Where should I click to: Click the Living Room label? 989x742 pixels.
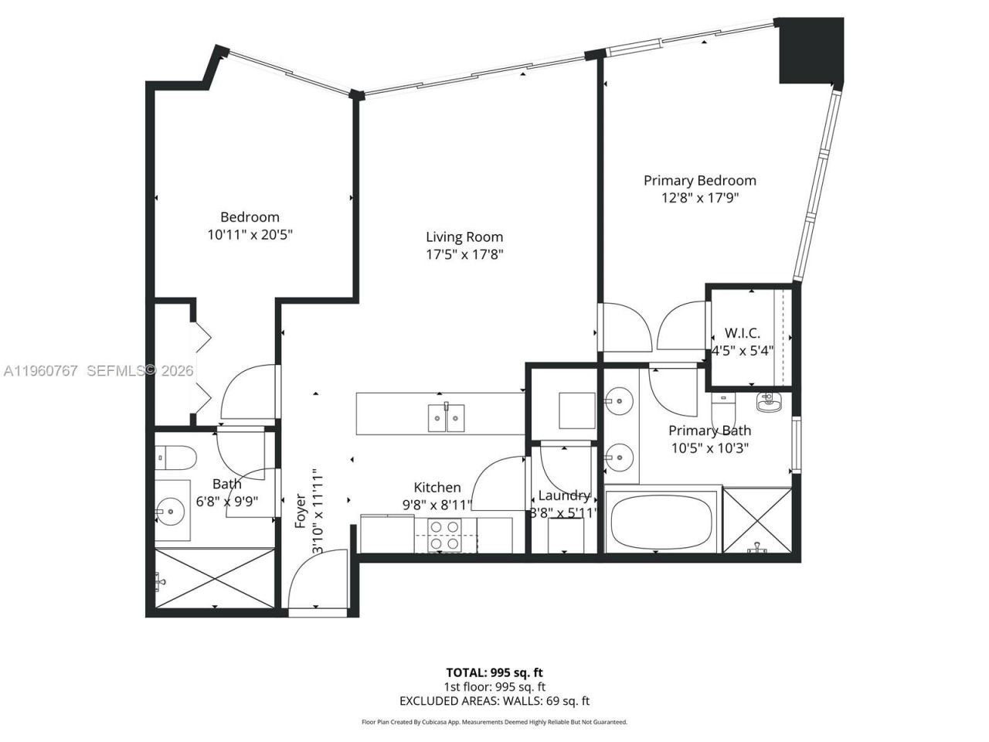[x=464, y=237]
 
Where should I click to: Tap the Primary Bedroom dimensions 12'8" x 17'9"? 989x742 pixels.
[x=700, y=198]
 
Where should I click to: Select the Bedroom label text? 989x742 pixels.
[x=250, y=217]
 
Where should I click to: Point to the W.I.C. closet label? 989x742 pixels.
[x=742, y=333]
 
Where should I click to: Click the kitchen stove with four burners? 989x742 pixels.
[x=445, y=535]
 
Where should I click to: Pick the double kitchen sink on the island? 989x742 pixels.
[x=446, y=417]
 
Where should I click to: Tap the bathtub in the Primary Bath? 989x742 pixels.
[x=661, y=522]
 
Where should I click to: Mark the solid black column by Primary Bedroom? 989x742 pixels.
[x=809, y=51]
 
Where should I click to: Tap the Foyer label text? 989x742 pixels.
[x=301, y=512]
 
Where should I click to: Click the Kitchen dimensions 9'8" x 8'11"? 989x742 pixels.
[x=437, y=505]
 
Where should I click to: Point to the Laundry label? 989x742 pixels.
[x=564, y=495]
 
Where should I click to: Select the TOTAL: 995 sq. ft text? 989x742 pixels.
[x=494, y=672]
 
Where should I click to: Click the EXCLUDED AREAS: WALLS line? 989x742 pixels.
[x=494, y=701]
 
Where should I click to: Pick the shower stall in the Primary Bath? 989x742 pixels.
[x=758, y=521]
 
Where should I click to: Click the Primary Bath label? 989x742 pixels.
[x=709, y=431]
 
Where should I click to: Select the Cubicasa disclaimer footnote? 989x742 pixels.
[x=494, y=722]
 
